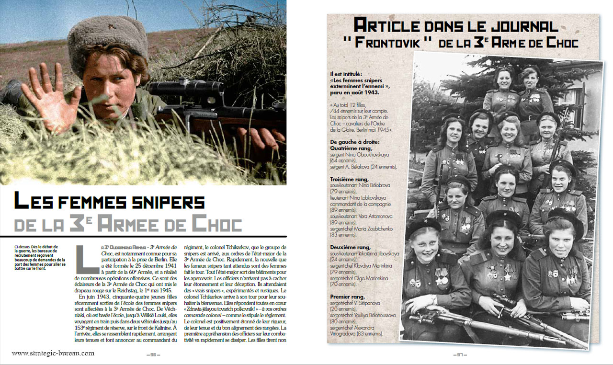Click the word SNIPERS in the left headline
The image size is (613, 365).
[158, 202]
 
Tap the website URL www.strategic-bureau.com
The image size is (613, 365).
[53, 354]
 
